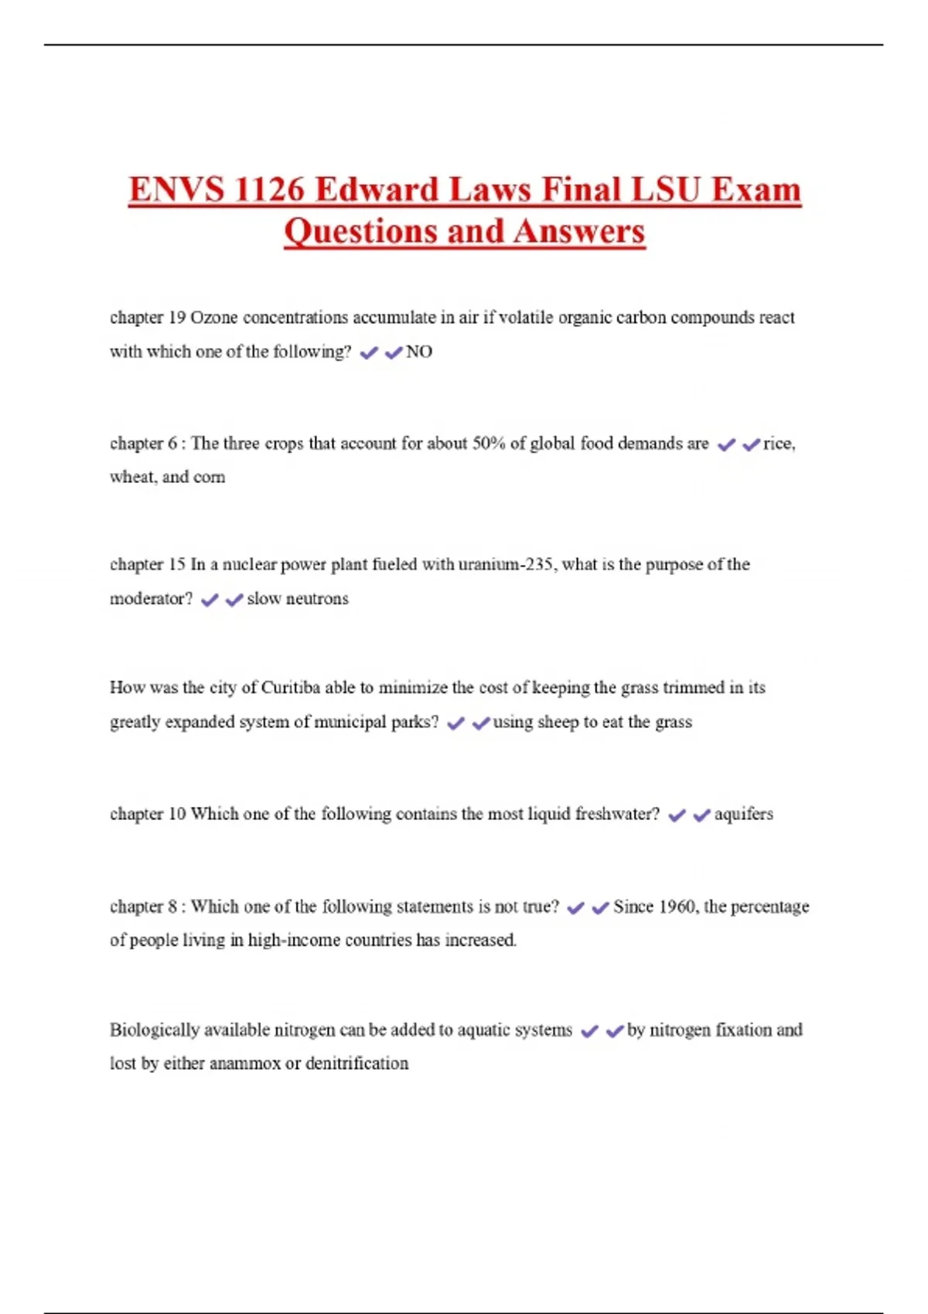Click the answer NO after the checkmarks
(419, 352)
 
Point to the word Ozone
(214, 318)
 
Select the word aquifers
(743, 814)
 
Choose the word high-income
(294, 940)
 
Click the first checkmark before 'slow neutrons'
(209, 600)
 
